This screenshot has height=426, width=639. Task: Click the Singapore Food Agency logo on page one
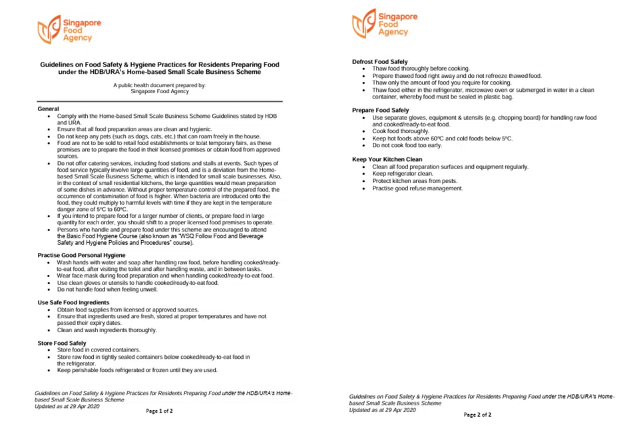[x=69, y=30]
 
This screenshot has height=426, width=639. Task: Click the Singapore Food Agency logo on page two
[x=385, y=24]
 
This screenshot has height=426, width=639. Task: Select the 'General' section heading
[x=49, y=108]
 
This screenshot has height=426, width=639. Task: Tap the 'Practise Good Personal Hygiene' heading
[x=81, y=255]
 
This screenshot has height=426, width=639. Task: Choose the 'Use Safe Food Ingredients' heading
[x=74, y=303]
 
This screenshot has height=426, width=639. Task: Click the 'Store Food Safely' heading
[x=62, y=343]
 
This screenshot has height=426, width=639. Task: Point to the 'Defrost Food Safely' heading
[x=380, y=62]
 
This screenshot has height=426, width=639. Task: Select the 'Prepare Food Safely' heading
[x=380, y=110]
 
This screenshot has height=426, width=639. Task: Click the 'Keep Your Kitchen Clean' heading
[x=387, y=160]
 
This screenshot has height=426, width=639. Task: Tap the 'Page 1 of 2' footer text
[x=159, y=411]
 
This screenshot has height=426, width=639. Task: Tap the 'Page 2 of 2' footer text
[x=477, y=415]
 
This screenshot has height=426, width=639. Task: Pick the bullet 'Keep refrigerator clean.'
[x=402, y=174]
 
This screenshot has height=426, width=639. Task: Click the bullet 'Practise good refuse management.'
[x=417, y=188]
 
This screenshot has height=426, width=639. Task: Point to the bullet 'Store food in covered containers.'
[x=99, y=350]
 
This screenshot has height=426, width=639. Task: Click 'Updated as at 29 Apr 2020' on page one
[x=67, y=406]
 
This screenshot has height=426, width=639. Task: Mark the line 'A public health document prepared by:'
[x=159, y=85]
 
